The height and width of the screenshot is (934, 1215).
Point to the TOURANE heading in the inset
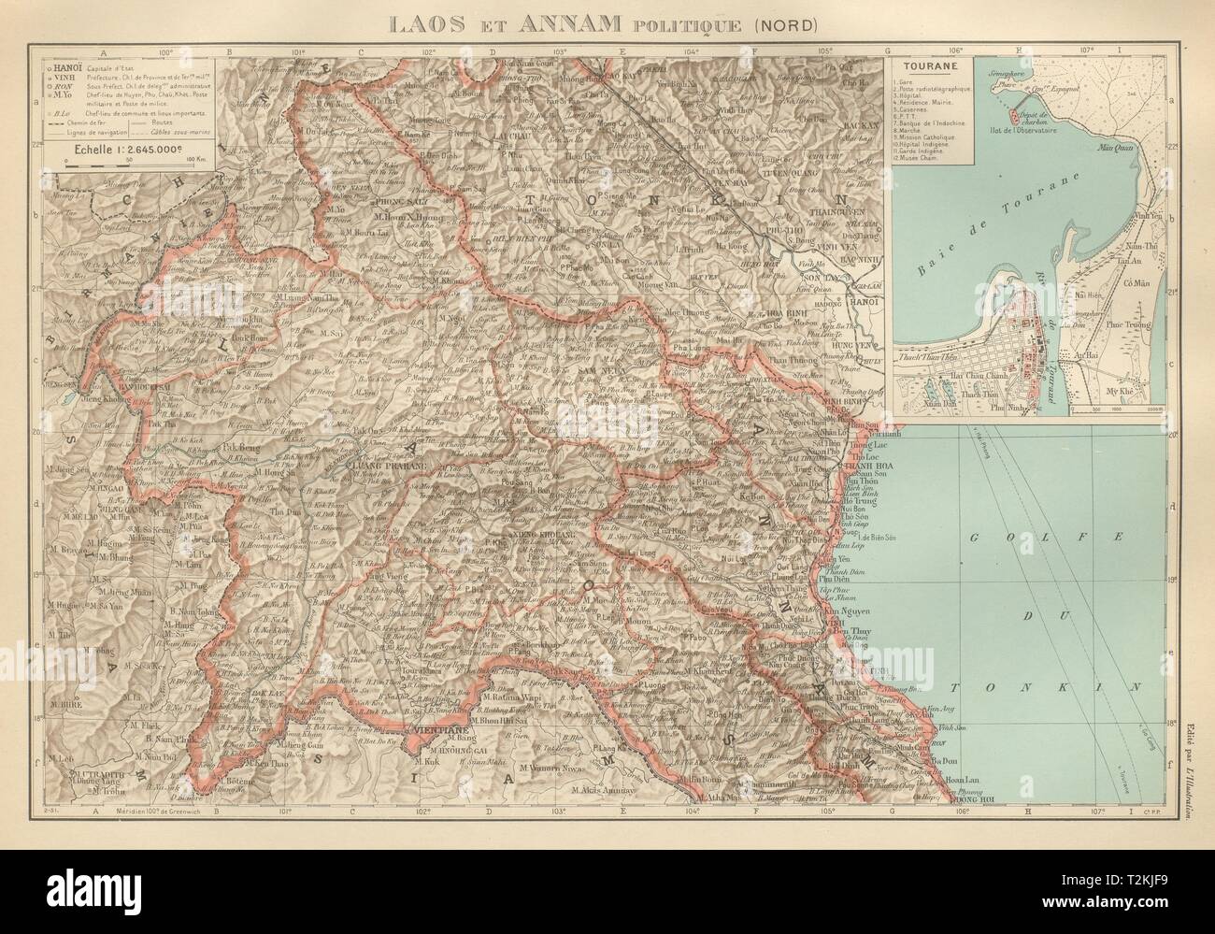point(921,68)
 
